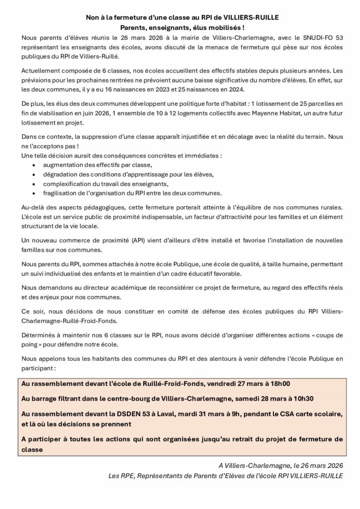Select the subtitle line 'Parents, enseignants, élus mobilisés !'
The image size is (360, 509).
(x=180, y=27)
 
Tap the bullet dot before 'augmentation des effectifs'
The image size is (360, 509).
(x=33, y=165)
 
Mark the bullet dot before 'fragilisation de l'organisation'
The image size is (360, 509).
(x=33, y=193)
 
